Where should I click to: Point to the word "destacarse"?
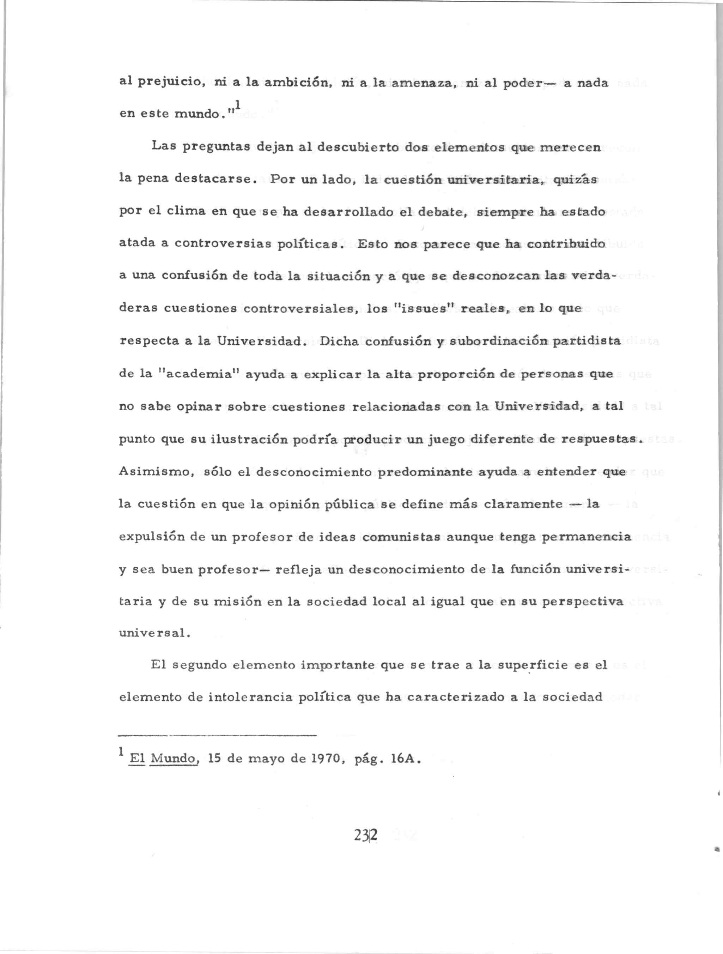click(213, 180)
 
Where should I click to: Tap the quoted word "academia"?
click(199, 374)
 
